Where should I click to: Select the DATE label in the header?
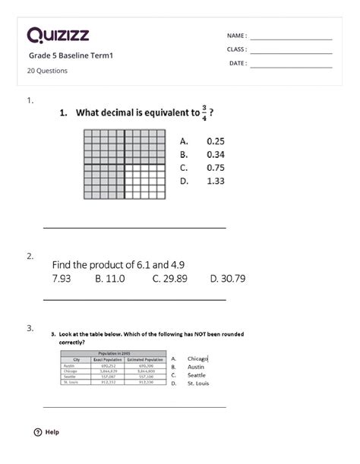tap(238, 63)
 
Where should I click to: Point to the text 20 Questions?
tap(48, 71)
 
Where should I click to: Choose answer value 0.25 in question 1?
tap(216, 140)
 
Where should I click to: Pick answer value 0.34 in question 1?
tap(216, 154)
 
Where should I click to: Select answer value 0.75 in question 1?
tap(216, 167)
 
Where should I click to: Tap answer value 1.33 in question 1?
tap(216, 181)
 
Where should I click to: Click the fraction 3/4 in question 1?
tap(204, 112)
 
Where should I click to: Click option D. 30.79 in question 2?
tap(227, 279)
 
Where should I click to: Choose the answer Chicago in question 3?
tap(197, 358)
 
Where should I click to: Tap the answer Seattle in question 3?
tap(197, 375)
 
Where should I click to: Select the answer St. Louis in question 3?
tap(199, 384)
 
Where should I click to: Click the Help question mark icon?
tap(38, 432)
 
